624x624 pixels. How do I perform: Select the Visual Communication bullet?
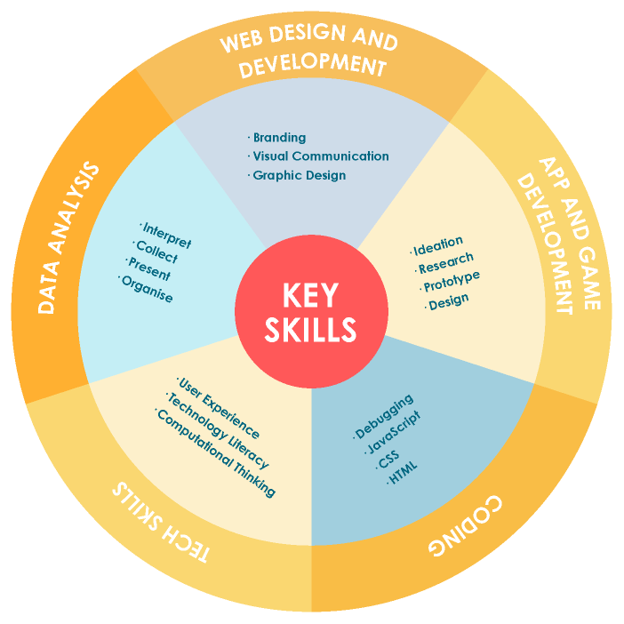click(x=320, y=156)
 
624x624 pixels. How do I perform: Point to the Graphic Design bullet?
click(x=299, y=175)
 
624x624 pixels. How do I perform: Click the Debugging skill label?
click(x=384, y=416)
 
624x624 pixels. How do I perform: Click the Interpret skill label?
click(x=166, y=235)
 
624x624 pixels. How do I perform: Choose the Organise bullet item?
click(x=147, y=290)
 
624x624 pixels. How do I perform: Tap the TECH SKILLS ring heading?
click(x=159, y=524)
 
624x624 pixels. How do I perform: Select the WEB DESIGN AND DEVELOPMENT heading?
click(x=311, y=54)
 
